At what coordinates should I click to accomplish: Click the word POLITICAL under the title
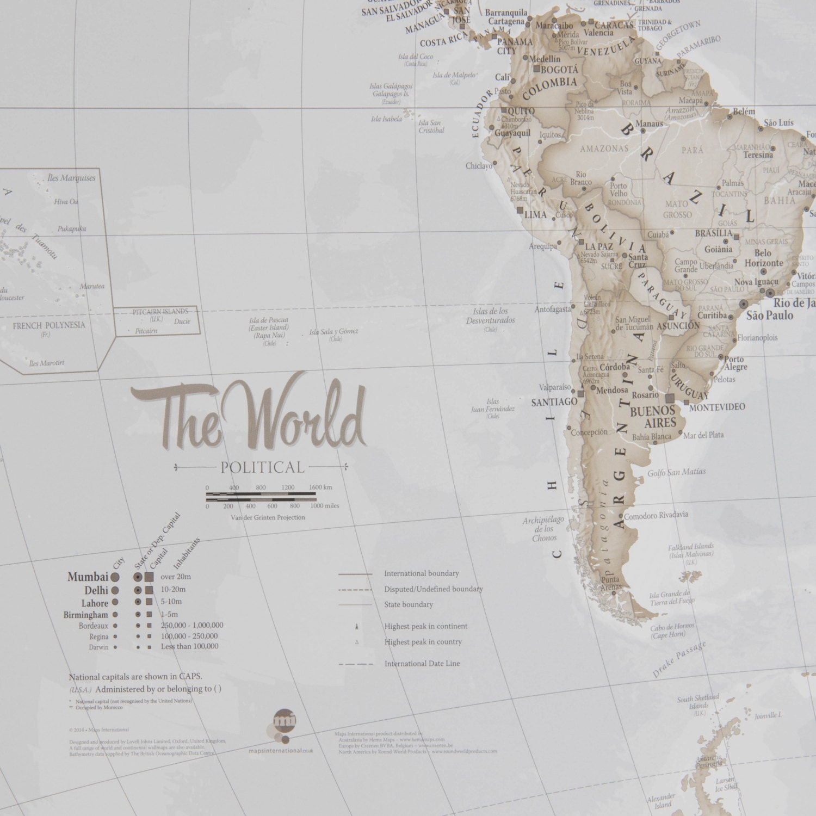pos(262,467)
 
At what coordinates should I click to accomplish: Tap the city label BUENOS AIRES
pos(652,417)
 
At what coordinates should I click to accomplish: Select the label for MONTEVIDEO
pos(717,407)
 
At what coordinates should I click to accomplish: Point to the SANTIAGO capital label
pos(554,402)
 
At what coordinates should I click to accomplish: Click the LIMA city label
pos(535,215)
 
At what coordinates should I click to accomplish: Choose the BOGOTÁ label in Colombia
pos(559,70)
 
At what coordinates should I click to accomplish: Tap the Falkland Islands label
pos(691,547)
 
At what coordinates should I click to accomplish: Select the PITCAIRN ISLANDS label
pos(160,312)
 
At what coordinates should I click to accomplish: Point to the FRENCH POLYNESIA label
pos(49,325)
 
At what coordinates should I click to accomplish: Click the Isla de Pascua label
pos(269,320)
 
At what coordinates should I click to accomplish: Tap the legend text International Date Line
pos(422,664)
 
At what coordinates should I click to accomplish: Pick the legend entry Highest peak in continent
pos(425,626)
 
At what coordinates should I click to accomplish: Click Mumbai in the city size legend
pos(88,577)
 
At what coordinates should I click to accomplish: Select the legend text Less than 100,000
pos(189,646)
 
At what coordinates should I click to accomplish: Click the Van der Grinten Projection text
pos(268,517)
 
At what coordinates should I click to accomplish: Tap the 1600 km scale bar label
pos(320,487)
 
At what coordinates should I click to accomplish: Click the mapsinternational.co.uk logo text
pos(281,751)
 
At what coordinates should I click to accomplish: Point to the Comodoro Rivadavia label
pos(656,515)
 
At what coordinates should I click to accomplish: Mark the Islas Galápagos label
pos(391,86)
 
